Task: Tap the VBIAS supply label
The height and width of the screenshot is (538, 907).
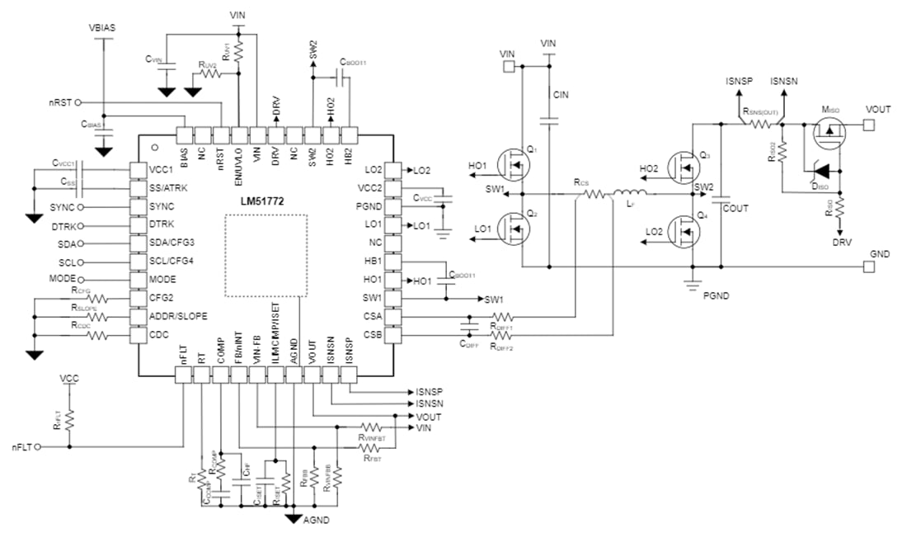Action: (102, 27)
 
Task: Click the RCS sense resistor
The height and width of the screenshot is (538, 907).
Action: (593, 196)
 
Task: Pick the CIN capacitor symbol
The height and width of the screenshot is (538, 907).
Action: (547, 120)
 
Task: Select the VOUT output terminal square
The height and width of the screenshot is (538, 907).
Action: (868, 125)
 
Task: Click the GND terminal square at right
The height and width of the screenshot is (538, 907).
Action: (868, 267)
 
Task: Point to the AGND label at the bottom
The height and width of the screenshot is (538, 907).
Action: (317, 521)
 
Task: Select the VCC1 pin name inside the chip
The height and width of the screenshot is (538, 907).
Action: (162, 169)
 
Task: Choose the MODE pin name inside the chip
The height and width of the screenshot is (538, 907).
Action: (162, 279)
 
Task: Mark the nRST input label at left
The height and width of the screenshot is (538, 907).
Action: (60, 104)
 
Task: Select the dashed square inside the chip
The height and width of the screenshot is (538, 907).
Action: (266, 256)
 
